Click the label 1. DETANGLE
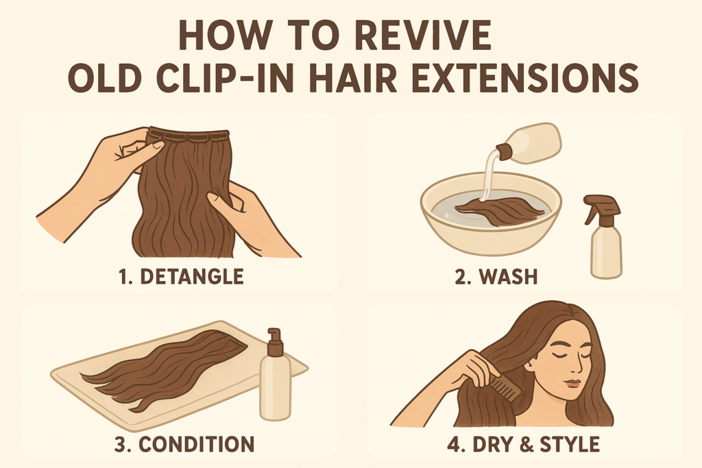(182, 278)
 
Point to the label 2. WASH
(496, 278)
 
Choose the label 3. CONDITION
(184, 445)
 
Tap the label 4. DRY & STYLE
(523, 445)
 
